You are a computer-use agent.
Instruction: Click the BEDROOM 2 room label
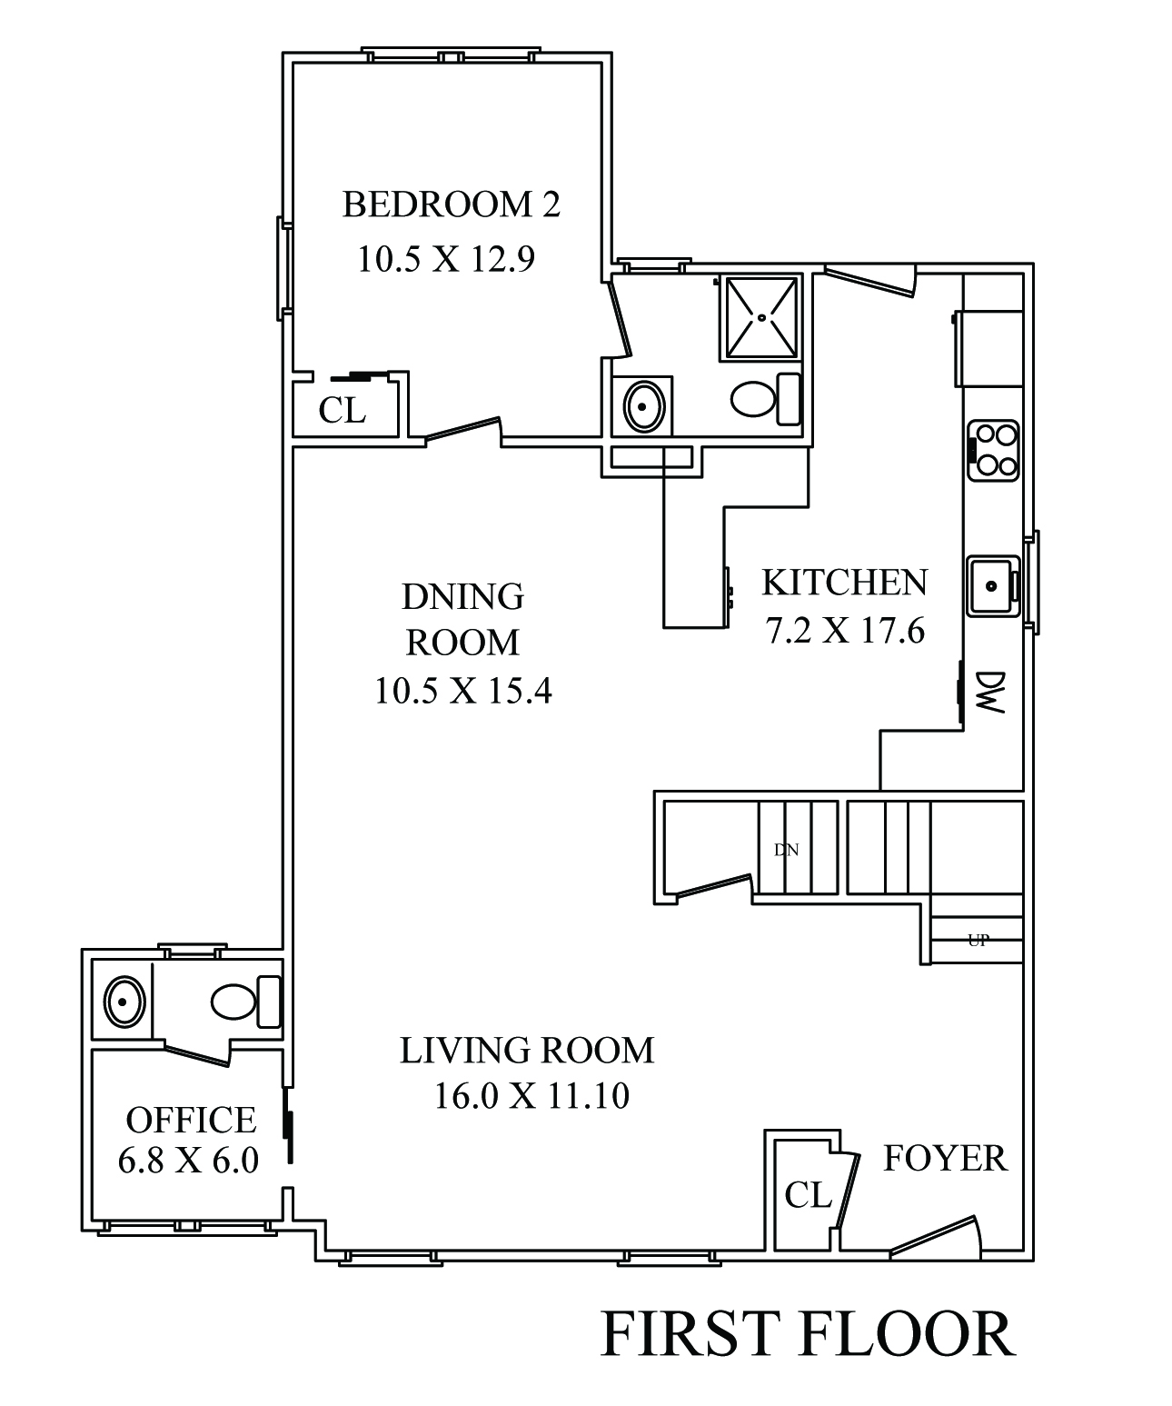(x=451, y=204)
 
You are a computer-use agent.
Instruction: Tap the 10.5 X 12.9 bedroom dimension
(x=446, y=259)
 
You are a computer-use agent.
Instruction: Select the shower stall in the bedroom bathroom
(x=760, y=316)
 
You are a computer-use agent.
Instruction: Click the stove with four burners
(x=992, y=451)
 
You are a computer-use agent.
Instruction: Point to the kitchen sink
(x=993, y=586)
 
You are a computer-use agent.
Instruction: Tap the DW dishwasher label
(x=989, y=692)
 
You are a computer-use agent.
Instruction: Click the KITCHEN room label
(x=844, y=583)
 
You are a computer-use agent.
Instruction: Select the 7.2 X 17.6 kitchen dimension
(x=845, y=631)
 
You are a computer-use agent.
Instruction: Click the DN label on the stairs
(x=786, y=850)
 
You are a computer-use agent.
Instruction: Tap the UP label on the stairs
(x=978, y=940)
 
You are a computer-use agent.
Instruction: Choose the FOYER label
(x=945, y=1158)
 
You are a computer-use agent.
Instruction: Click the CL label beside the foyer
(x=808, y=1195)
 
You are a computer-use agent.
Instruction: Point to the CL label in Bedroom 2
(x=342, y=409)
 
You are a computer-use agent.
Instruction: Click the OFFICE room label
(x=191, y=1120)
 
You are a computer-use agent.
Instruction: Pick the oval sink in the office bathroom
(x=124, y=1002)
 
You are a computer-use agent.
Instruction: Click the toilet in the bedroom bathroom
(x=765, y=399)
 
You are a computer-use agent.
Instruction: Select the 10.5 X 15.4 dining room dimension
(x=463, y=691)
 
